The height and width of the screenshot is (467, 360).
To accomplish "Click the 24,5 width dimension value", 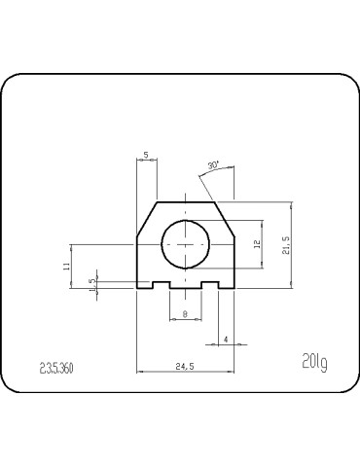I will pyautogui.click(x=185, y=366).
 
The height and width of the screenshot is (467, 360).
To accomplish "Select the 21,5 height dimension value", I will pyautogui.click(x=285, y=243).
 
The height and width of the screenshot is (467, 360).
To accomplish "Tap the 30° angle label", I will pyautogui.click(x=213, y=166).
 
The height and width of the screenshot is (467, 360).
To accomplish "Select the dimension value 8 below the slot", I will pyautogui.click(x=185, y=313).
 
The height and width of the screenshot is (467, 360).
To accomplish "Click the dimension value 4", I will pyautogui.click(x=226, y=339).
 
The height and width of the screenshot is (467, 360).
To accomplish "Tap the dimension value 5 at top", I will pyautogui.click(x=146, y=155).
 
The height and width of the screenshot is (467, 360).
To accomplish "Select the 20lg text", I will pyautogui.click(x=314, y=363).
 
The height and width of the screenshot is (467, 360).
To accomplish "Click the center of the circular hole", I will pyautogui.click(x=185, y=243).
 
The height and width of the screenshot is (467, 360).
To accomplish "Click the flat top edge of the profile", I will pyautogui.click(x=185, y=200).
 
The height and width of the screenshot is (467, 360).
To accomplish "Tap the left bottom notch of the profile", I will pyautogui.click(x=160, y=286).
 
